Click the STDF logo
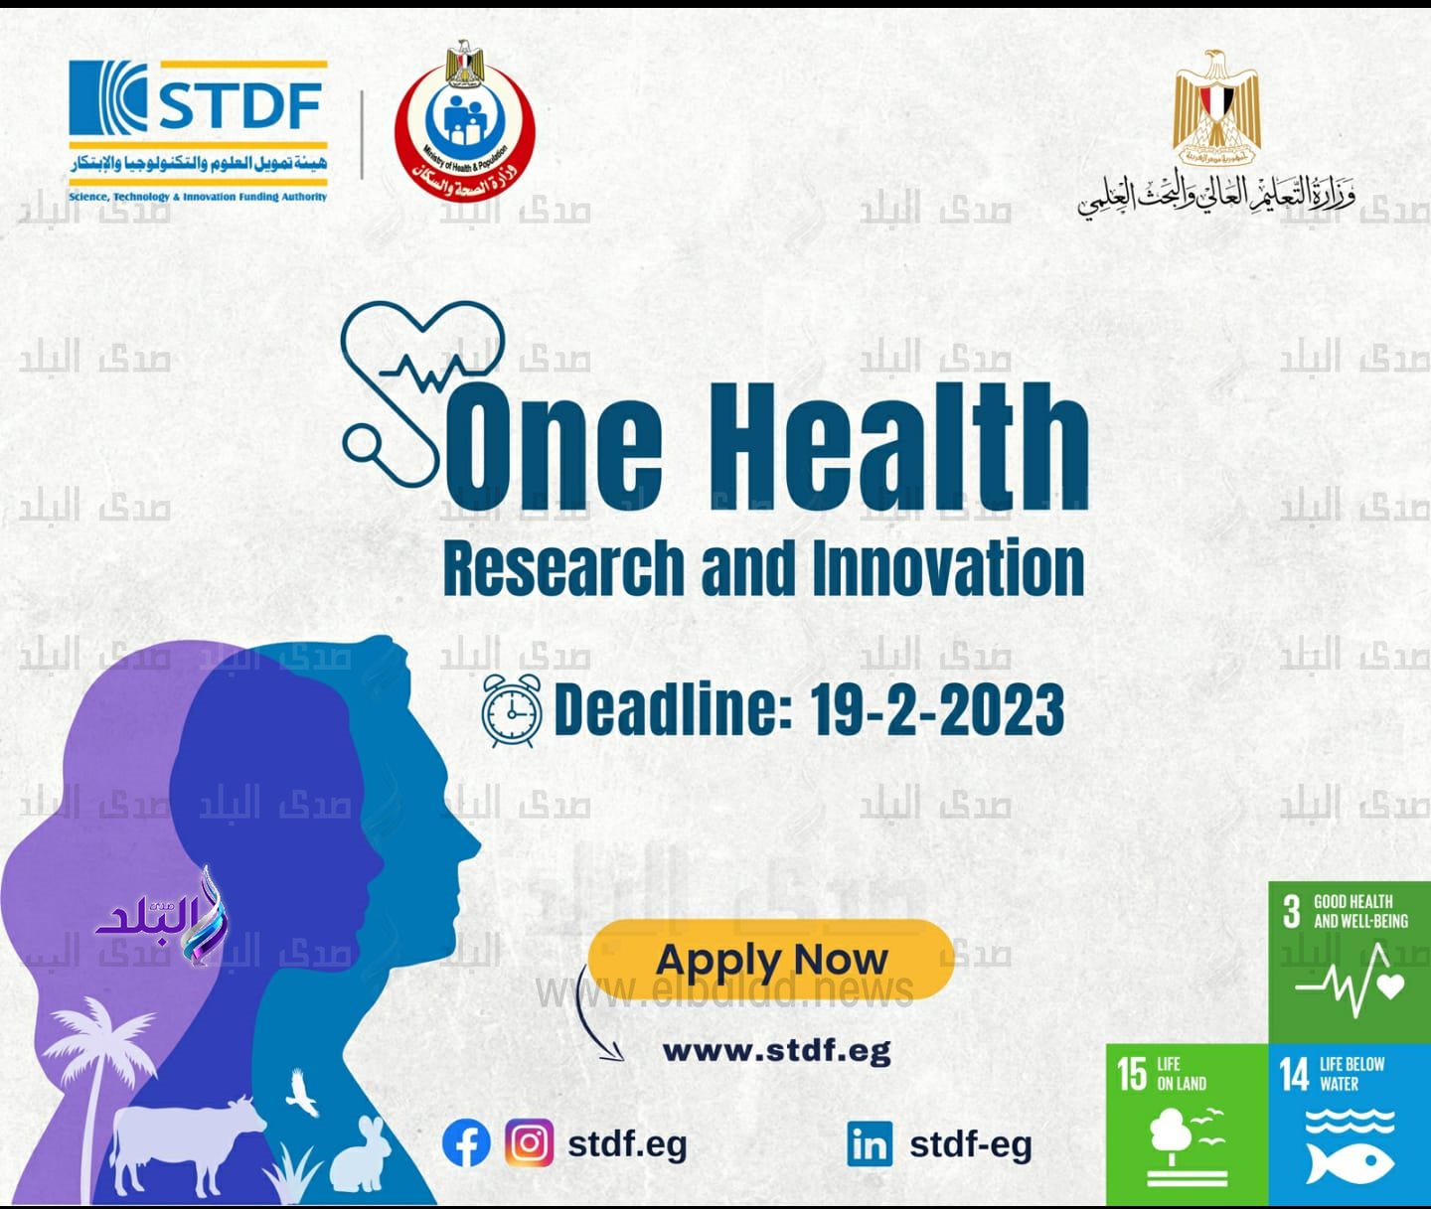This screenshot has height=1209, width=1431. (x=197, y=129)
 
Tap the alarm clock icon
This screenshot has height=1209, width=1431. (x=512, y=709)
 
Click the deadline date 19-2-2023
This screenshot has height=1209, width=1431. (x=936, y=709)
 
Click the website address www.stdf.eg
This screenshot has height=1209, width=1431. (x=776, y=1050)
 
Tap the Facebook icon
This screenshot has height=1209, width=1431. (x=466, y=1143)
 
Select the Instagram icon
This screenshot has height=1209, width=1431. (x=529, y=1143)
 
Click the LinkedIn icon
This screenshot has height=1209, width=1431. (x=870, y=1144)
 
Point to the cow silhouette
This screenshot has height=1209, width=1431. (x=184, y=1142)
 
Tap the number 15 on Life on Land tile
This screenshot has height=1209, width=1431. (x=1131, y=1074)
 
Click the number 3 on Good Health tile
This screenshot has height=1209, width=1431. (x=1291, y=911)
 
